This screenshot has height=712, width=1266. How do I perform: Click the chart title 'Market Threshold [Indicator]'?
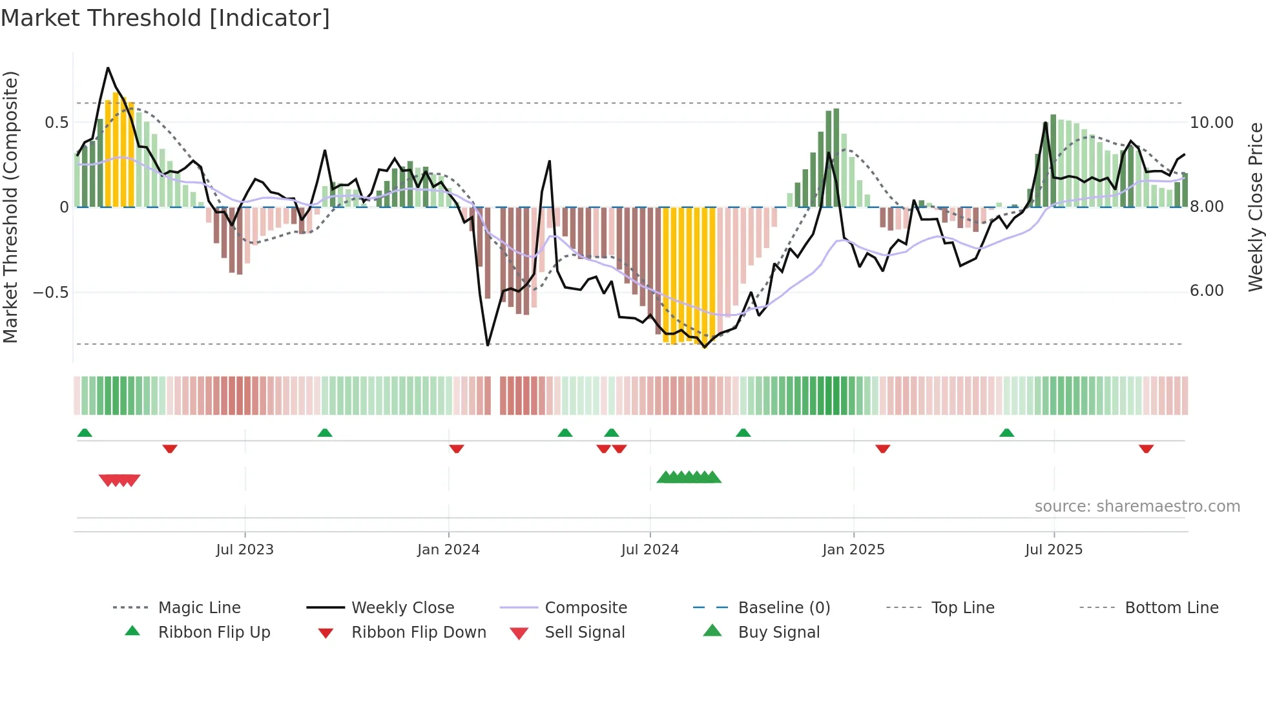165,18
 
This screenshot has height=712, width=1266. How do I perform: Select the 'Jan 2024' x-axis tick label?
448,550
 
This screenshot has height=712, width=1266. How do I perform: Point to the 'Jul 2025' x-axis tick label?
1053,550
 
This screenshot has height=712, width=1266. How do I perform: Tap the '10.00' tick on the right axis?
1211,123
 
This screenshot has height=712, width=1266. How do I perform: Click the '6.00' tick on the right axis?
1207,291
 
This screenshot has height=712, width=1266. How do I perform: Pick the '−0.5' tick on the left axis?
50,292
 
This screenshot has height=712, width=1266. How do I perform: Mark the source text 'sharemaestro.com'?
1137,507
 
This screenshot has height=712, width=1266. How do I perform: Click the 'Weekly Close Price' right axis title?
1255,207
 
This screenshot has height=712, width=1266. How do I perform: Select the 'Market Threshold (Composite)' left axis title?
10,207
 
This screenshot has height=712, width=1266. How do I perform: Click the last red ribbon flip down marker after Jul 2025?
1146,449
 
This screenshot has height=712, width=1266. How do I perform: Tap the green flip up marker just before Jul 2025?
1006,433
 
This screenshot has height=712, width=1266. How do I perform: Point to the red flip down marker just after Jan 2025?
882,449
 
